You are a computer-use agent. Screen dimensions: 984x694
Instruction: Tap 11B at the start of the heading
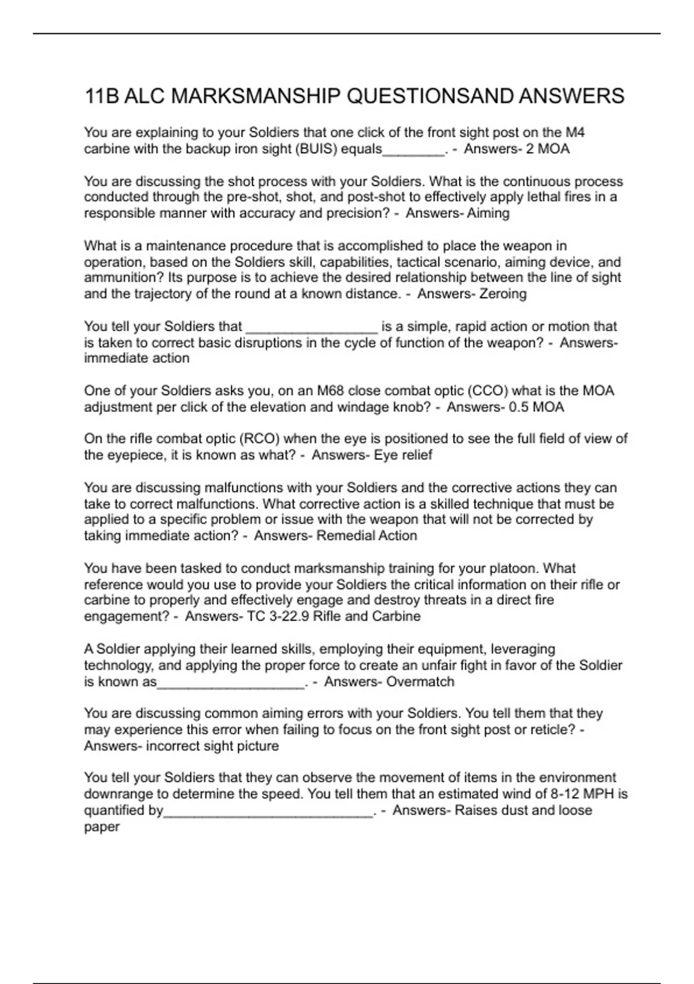click(101, 96)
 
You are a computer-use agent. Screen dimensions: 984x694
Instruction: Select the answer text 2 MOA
click(548, 149)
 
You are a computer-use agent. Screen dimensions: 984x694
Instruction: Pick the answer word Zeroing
click(503, 294)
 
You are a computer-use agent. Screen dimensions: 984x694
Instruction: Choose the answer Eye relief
click(403, 455)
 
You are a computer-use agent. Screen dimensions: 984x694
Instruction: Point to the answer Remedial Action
click(367, 536)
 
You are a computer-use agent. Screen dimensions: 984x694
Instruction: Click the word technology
click(117, 666)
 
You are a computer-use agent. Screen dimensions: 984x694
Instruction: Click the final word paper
click(102, 827)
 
